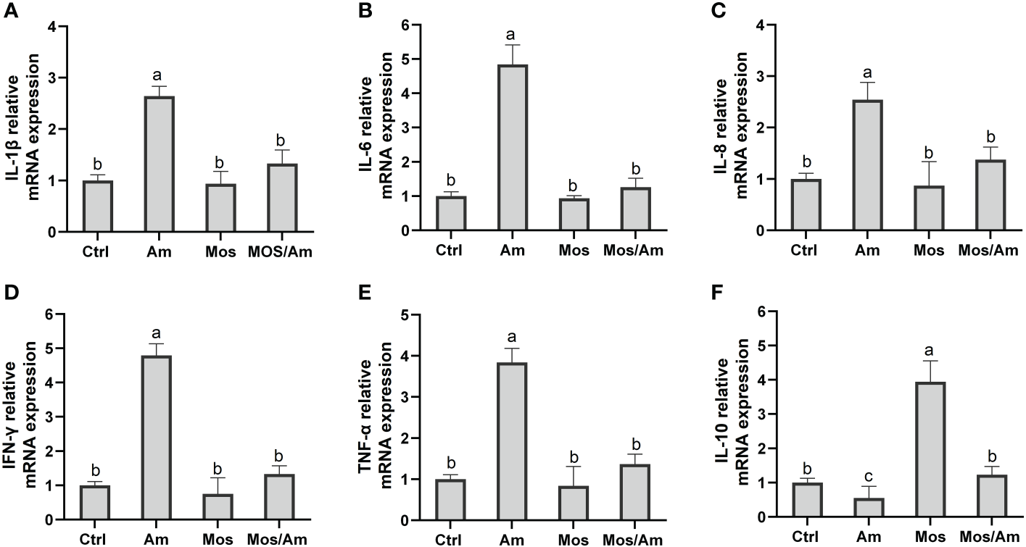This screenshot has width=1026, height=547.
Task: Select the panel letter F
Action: pyautogui.click(x=700, y=296)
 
